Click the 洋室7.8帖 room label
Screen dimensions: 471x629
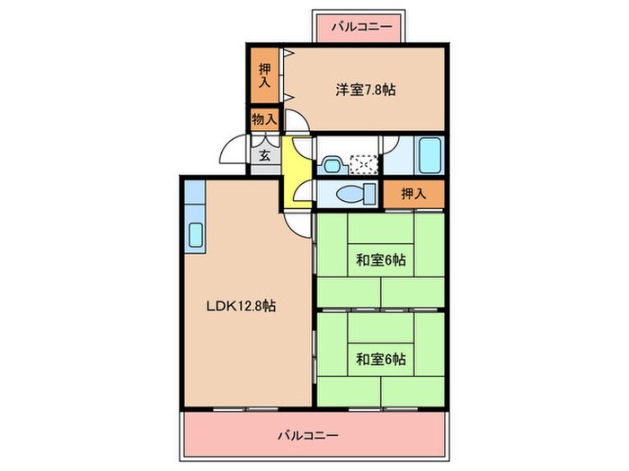point(367,90)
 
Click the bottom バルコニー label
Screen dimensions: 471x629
point(307,437)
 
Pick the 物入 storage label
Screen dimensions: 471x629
point(264,118)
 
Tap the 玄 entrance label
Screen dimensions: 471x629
point(265,154)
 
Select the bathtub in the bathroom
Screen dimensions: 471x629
point(430,156)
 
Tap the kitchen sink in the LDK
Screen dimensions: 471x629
point(196,236)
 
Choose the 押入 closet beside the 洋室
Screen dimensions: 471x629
point(264,76)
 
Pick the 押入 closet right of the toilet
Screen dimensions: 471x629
point(413,193)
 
